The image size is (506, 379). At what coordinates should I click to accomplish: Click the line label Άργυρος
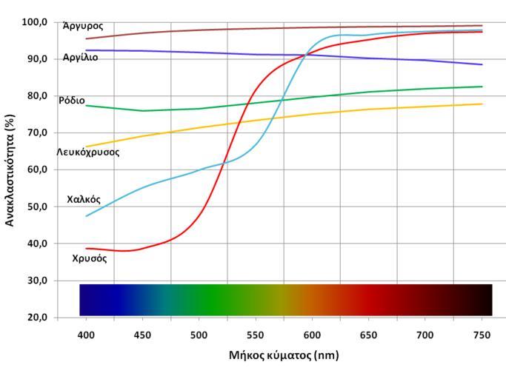(83, 26)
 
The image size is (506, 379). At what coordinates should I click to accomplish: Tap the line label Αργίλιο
(80, 57)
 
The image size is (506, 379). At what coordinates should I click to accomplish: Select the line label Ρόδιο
(72, 100)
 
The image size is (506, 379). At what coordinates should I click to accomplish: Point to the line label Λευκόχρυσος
(87, 152)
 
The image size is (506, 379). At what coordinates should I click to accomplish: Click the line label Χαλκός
(84, 199)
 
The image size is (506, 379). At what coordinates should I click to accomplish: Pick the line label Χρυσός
(90, 258)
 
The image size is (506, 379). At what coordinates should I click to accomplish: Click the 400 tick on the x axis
(86, 334)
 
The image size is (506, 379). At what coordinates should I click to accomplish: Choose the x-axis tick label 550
(256, 334)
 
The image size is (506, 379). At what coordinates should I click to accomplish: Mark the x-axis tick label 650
(369, 334)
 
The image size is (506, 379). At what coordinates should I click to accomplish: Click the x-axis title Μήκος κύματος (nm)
(284, 355)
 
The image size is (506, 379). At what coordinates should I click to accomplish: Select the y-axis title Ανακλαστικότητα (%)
(10, 170)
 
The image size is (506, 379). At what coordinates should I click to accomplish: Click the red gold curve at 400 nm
(86, 249)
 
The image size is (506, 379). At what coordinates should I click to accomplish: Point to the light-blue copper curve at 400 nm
(86, 216)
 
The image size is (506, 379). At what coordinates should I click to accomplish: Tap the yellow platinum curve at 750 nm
(482, 104)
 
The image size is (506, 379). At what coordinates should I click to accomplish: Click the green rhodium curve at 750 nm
(482, 87)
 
